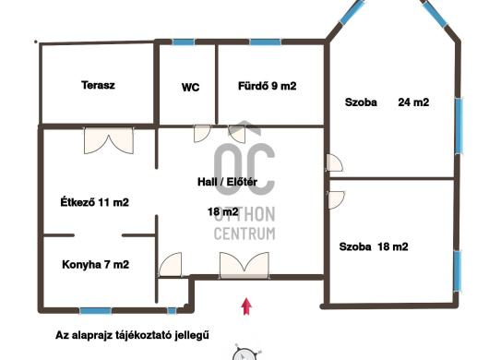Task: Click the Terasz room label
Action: click(98, 85)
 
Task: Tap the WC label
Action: click(190, 88)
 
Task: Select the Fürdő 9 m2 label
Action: click(267, 86)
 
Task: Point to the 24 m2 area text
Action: click(413, 102)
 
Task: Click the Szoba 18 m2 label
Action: click(374, 246)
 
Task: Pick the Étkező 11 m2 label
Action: click(94, 202)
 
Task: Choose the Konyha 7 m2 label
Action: click(95, 265)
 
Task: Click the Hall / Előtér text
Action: click(227, 182)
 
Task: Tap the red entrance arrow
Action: click(246, 306)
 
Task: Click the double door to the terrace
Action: click(109, 140)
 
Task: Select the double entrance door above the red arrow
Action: click(244, 265)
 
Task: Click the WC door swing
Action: click(202, 134)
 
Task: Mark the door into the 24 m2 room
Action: click(334, 162)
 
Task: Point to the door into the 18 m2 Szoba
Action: click(336, 200)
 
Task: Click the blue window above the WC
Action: click(184, 42)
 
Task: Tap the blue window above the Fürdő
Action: click(266, 42)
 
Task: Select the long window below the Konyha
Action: click(95, 311)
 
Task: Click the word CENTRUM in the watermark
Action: click(244, 234)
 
